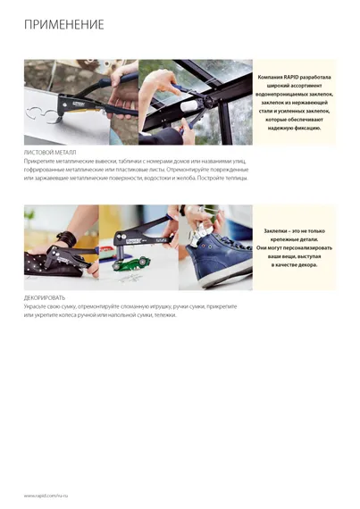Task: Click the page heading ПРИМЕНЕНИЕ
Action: pos(63,24)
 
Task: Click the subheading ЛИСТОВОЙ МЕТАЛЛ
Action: pos(50,153)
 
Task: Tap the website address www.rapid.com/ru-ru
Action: pos(46,494)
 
